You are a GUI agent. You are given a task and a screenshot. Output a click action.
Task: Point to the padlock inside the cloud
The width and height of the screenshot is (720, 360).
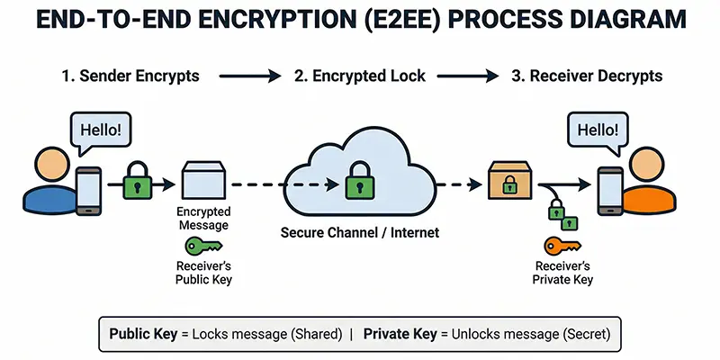tap(357, 184)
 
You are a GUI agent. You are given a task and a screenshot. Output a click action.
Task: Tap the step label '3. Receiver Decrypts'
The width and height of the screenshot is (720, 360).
tap(587, 76)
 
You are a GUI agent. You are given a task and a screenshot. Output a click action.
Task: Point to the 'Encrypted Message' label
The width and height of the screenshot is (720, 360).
tap(202, 219)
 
